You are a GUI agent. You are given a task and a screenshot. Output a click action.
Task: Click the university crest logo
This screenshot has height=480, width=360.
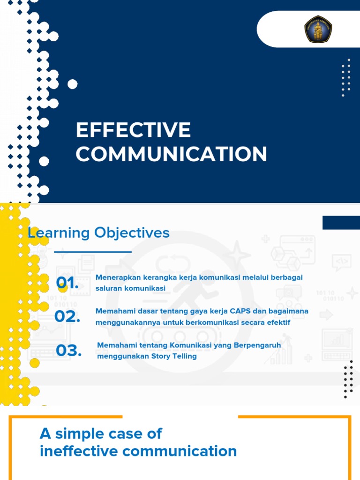[x=318, y=29]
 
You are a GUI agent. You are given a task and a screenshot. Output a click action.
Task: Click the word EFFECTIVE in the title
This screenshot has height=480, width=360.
[x=133, y=130]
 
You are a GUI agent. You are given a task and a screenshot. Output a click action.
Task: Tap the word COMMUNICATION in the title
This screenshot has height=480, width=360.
[x=172, y=154]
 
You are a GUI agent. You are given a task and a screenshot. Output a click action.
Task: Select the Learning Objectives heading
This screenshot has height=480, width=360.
[x=98, y=232]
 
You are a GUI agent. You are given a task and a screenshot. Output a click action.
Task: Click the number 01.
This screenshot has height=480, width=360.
[x=67, y=283]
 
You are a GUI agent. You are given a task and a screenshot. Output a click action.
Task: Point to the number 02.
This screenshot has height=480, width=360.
[x=67, y=316]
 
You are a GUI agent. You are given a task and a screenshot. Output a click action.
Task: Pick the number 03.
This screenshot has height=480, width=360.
[x=68, y=350]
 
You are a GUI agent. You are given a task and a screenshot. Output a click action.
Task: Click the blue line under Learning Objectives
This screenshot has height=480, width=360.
[x=93, y=252]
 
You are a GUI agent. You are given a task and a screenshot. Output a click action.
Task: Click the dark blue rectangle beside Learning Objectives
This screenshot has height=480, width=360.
[x=341, y=223]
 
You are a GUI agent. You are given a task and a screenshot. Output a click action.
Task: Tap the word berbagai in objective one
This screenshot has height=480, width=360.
[x=287, y=277]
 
